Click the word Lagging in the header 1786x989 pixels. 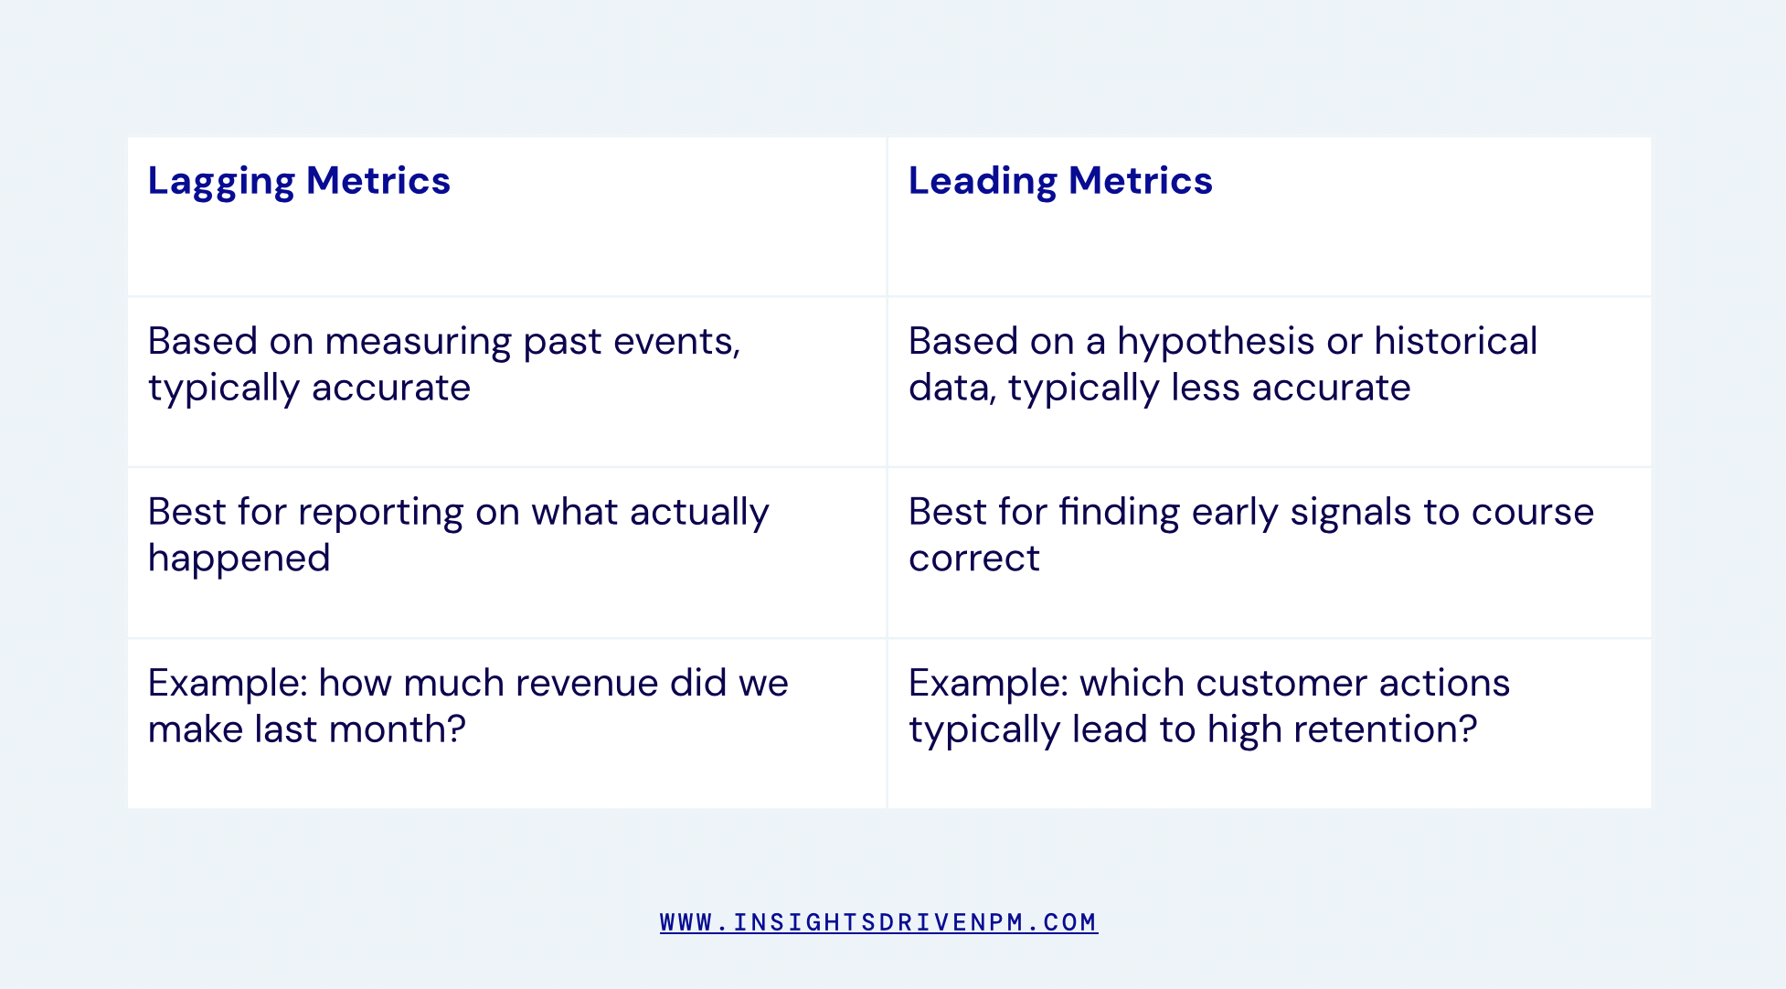coord(221,181)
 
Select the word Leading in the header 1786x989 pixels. coord(983,181)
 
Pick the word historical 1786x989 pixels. coord(1455,342)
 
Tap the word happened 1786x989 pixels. coord(239,558)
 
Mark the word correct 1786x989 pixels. coord(973,558)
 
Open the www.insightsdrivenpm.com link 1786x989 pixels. coord(878,922)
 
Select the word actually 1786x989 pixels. coord(699,512)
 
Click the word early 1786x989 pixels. coord(1234,512)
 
